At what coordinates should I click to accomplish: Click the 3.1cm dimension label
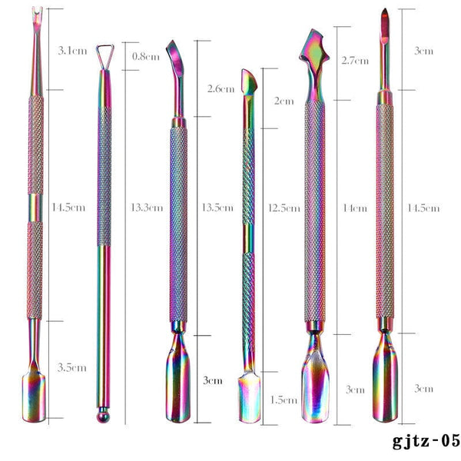[70, 51]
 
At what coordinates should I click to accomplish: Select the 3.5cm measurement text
[70, 368]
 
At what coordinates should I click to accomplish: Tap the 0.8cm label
[145, 56]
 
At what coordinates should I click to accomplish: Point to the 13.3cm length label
[147, 207]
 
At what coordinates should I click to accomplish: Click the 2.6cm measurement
[221, 89]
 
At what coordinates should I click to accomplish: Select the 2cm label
[284, 101]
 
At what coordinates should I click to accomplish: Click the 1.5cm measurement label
[284, 400]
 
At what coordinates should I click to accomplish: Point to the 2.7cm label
[354, 59]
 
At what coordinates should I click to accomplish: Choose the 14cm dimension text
[355, 207]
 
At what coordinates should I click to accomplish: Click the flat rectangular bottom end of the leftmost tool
[33, 395]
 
